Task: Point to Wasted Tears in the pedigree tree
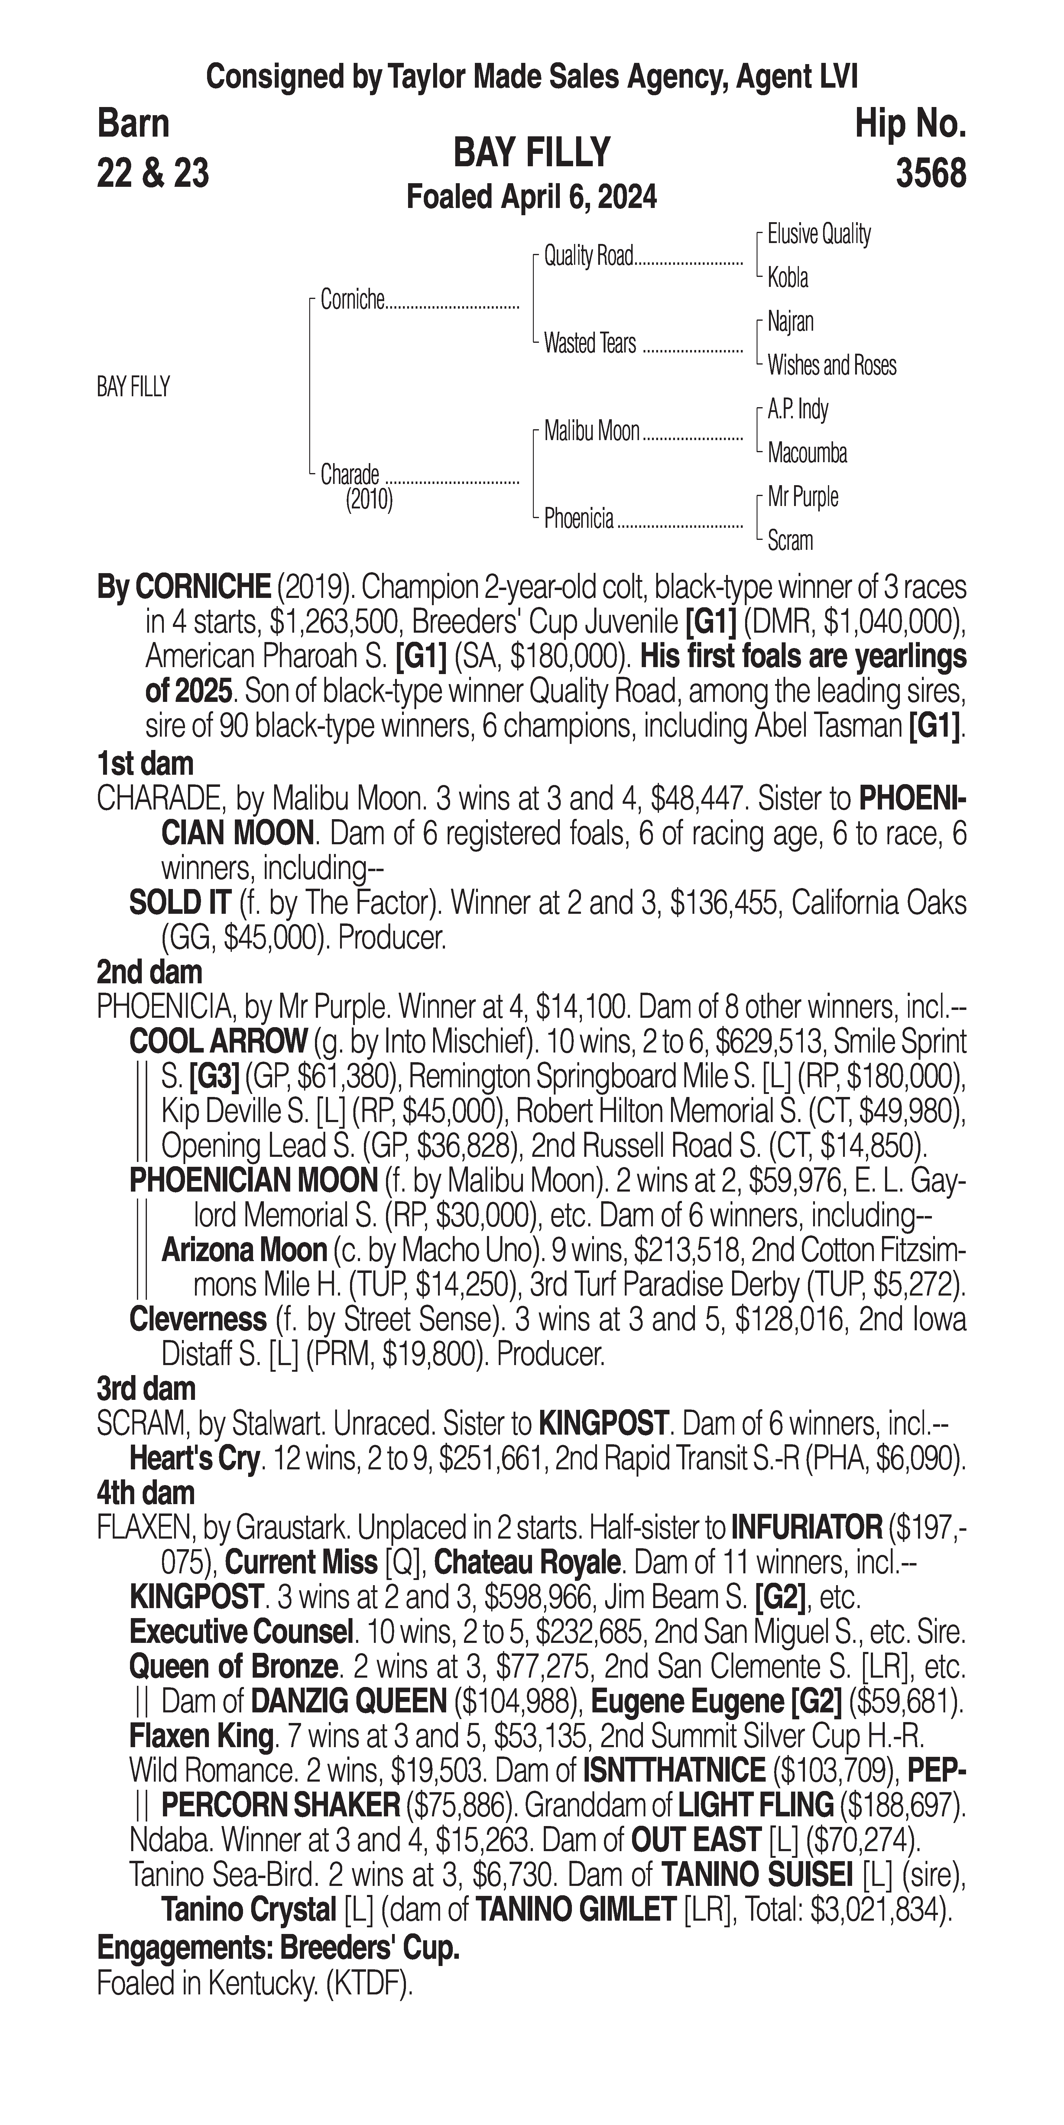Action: [x=590, y=343]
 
